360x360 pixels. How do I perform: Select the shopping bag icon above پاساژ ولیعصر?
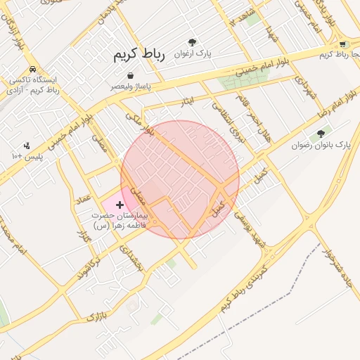coord(132,75)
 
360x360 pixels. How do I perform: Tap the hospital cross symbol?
coord(120,204)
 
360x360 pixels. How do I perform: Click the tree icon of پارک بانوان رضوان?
coord(321,133)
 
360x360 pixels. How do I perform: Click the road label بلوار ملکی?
coord(140,123)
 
